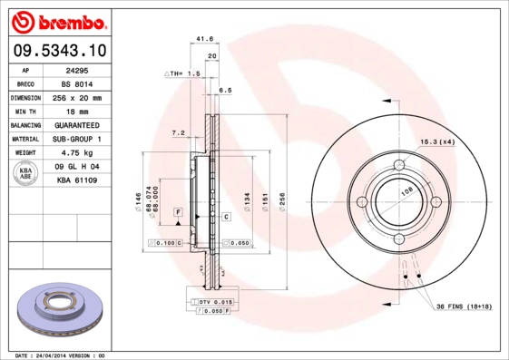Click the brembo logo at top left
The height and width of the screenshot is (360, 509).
(56, 20)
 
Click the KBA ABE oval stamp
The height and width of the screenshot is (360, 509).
(26, 173)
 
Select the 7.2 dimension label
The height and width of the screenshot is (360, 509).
(179, 132)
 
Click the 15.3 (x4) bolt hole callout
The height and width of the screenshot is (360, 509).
(436, 141)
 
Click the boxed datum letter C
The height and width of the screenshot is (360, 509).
(226, 217)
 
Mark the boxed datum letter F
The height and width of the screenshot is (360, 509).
(178, 211)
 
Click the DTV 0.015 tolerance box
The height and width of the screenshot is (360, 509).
(211, 300)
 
